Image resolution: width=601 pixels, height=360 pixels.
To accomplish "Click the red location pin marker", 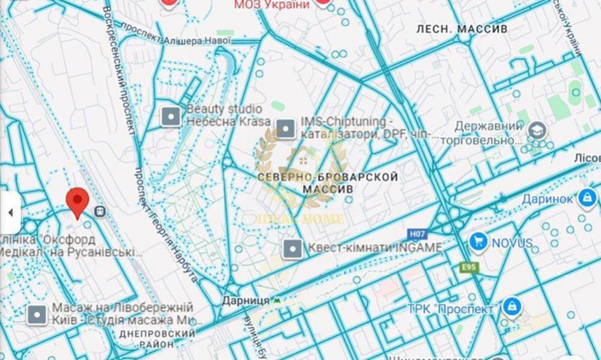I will point(77,202).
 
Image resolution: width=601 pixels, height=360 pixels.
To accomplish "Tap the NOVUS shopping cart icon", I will point(478,242).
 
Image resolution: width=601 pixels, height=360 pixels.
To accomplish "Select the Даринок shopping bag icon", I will point(585,197).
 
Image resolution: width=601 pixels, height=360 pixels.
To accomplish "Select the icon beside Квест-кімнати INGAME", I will point(293,248).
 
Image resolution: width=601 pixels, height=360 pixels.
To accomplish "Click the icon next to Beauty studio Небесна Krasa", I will point(171,116).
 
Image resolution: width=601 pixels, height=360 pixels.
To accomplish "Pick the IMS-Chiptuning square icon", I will point(285,128).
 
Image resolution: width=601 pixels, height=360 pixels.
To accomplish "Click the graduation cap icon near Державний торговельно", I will point(536,130).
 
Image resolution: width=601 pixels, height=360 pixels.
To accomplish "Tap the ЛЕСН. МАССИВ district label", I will point(462,29).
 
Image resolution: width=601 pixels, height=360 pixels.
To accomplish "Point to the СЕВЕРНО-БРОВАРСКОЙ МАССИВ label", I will point(328,183).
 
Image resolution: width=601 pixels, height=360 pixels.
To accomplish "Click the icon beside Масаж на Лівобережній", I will point(38,314).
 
